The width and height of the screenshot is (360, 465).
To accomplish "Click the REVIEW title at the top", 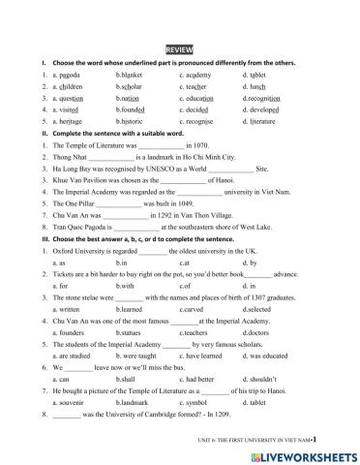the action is pos(179,48).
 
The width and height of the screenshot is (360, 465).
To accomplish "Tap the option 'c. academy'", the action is pos(196,74).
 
